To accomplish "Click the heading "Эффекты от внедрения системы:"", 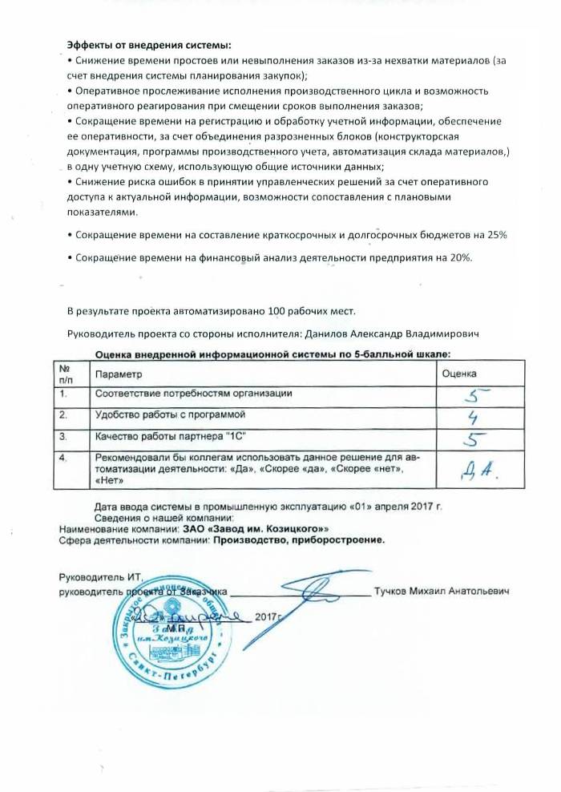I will pos(131,46).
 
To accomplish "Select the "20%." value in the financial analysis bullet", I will pos(459,257).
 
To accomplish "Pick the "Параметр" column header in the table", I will pos(118,374).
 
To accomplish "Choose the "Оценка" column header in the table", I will pos(460,374).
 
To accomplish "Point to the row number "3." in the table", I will pos(63,438).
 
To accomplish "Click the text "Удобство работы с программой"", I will pos(176,415).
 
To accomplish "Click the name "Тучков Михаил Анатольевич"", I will pos(442,592).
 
